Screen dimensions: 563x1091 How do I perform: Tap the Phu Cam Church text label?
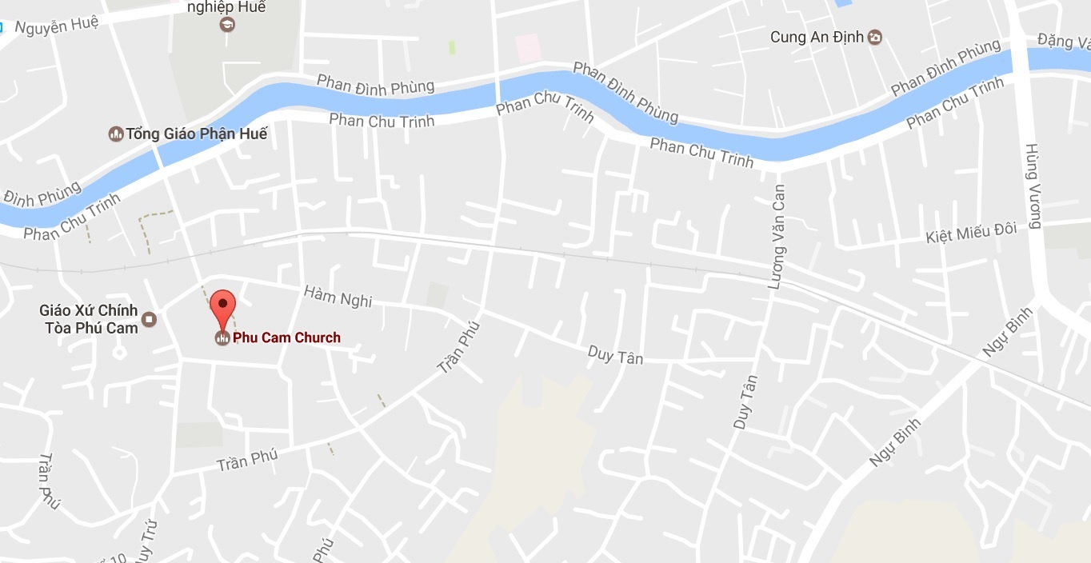click(286, 337)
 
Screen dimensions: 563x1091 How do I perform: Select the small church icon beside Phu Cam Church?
click(222, 338)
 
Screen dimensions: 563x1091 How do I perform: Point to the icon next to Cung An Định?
click(875, 37)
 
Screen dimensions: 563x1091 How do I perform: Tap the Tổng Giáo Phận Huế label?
click(196, 134)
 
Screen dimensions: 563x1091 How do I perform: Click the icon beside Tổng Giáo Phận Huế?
click(116, 134)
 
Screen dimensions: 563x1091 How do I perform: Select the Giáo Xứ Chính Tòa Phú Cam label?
click(89, 318)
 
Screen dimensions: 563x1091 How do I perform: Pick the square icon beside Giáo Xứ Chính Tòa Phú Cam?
click(149, 320)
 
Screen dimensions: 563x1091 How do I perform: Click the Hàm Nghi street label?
click(338, 296)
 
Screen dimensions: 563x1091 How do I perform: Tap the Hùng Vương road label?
click(1033, 186)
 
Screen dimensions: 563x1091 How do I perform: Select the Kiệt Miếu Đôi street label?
click(970, 234)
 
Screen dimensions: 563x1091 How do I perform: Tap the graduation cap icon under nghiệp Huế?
click(226, 24)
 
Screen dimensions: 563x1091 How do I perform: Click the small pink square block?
click(528, 48)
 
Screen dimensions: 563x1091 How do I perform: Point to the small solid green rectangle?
click(452, 47)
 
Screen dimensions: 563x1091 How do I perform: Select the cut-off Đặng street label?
click(1063, 38)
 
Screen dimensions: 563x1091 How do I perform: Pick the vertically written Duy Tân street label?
click(745, 402)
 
